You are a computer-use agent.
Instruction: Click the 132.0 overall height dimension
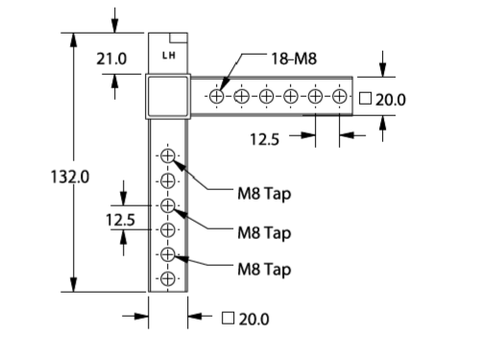point(70,177)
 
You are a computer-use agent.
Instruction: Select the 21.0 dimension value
point(111,59)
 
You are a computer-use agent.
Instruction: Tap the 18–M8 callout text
point(294,59)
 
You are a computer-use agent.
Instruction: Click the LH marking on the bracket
point(169,56)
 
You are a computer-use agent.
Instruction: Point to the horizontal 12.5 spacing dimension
point(264,139)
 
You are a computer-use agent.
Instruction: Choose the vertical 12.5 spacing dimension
point(120,220)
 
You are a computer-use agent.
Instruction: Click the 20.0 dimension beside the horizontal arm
point(391,100)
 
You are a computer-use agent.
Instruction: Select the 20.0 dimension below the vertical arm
point(253,319)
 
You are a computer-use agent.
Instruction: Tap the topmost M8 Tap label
point(264,194)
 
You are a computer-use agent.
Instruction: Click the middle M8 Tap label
point(264,233)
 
